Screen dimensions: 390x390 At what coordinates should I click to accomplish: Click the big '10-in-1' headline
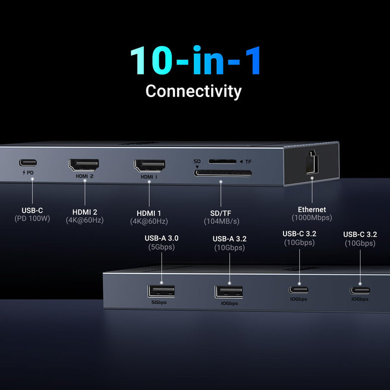tap(195, 61)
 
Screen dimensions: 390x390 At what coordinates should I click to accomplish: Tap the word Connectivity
tap(193, 91)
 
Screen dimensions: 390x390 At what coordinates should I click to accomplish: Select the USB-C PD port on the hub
tap(28, 163)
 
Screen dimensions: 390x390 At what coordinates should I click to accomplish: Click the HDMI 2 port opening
tap(84, 165)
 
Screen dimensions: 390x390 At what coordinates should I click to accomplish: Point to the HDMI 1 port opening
tap(149, 165)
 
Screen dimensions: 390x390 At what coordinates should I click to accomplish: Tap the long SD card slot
tap(222, 173)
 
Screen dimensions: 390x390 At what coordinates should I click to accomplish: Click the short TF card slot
tap(221, 162)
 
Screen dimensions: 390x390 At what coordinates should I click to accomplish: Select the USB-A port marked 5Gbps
tap(162, 291)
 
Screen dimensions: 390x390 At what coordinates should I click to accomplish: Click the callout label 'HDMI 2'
tap(85, 211)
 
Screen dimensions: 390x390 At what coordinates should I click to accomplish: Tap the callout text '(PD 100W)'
tap(32, 219)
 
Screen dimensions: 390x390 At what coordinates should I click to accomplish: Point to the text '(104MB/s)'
tap(221, 221)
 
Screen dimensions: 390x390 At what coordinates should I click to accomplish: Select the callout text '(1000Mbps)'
tap(312, 218)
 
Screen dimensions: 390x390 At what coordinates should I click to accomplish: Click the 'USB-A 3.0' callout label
tap(162, 238)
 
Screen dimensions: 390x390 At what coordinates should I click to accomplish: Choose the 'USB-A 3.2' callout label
tap(230, 239)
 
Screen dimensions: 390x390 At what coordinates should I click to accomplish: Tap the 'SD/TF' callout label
tap(221, 212)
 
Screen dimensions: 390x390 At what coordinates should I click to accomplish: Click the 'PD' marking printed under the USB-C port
tap(30, 173)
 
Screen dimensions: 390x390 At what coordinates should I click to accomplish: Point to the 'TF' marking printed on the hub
tap(248, 162)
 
